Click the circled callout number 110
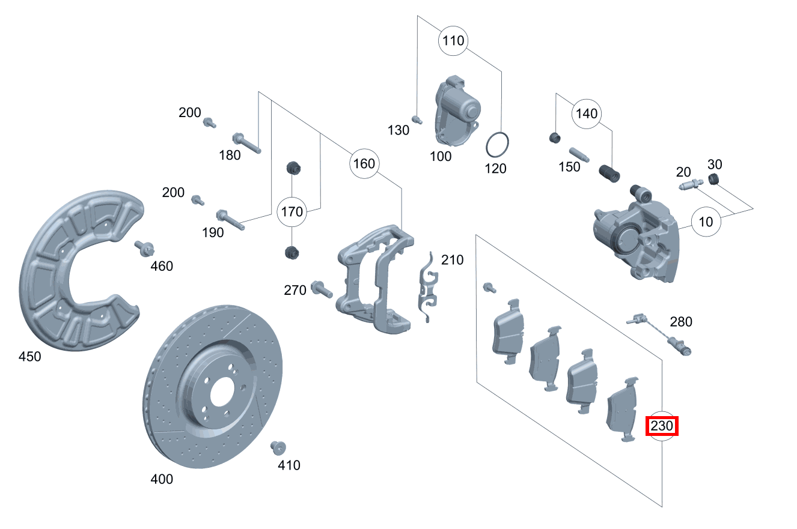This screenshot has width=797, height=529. (453, 41)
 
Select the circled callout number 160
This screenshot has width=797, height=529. (364, 163)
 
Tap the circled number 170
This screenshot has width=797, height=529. (292, 211)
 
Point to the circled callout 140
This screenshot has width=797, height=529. (587, 113)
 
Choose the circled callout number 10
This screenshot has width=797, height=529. (706, 222)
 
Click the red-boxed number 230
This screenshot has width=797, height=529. (662, 427)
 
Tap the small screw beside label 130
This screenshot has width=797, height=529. (416, 118)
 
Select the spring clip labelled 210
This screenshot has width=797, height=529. (427, 286)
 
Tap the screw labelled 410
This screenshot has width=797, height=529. (279, 448)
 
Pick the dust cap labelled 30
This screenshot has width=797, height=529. (713, 178)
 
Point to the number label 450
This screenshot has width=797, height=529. (29, 357)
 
